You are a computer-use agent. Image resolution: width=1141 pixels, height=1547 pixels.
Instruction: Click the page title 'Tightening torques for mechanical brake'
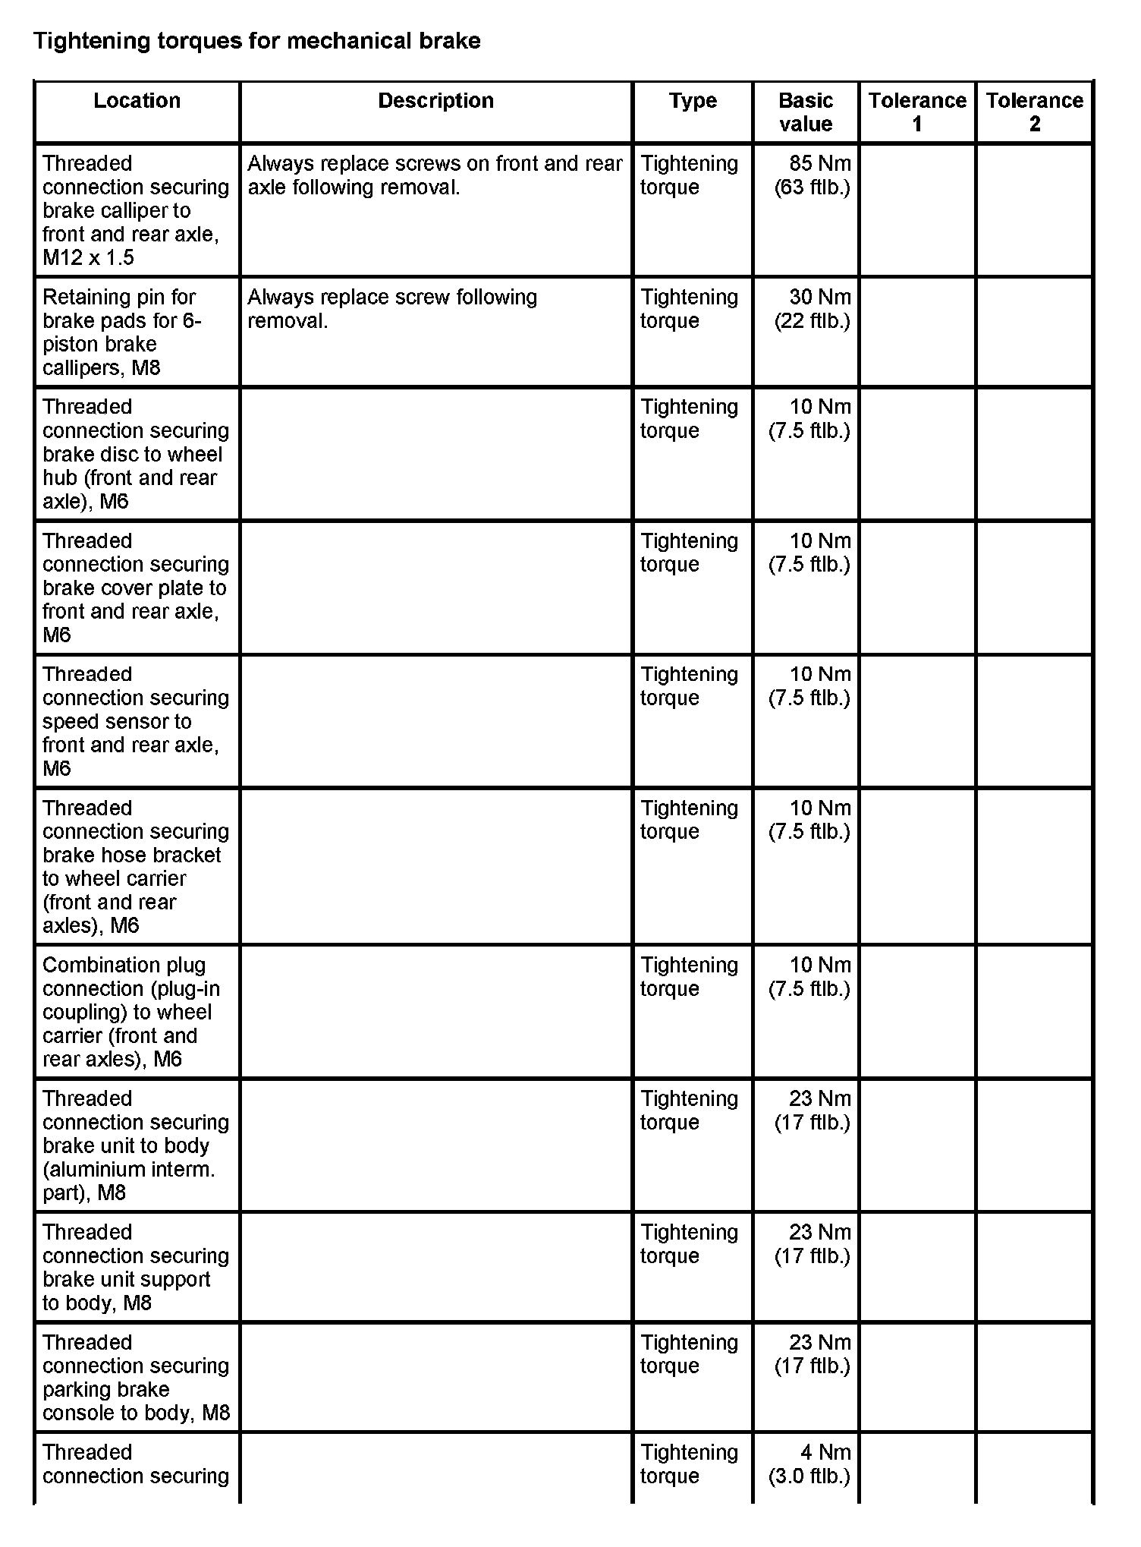click(257, 41)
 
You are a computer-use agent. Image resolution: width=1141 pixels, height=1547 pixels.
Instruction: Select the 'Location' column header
click(137, 101)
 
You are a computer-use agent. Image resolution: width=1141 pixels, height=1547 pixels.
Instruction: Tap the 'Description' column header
click(435, 101)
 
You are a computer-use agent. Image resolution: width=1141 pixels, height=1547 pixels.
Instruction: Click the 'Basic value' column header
click(805, 112)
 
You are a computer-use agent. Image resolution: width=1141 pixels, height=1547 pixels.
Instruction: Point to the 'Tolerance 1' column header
click(917, 112)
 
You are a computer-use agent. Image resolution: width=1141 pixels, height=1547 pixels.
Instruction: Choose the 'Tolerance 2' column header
click(1034, 112)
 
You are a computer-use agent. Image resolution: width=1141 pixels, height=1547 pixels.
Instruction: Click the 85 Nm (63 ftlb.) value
click(812, 175)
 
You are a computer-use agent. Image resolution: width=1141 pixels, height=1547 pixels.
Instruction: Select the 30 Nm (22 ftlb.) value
click(812, 309)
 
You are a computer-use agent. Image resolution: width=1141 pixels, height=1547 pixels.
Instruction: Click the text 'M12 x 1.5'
click(88, 258)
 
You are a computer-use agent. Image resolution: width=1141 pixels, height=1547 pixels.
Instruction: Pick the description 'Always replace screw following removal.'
click(391, 309)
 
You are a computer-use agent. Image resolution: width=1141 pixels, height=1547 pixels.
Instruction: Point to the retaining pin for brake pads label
click(121, 332)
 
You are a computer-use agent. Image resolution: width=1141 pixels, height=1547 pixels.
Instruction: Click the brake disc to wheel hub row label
click(133, 454)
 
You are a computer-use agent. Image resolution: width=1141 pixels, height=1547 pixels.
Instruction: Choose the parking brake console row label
click(135, 1377)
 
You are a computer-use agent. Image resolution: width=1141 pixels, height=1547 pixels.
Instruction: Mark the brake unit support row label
click(127, 1268)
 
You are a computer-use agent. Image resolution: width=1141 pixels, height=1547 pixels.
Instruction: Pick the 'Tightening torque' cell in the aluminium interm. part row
click(689, 1111)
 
